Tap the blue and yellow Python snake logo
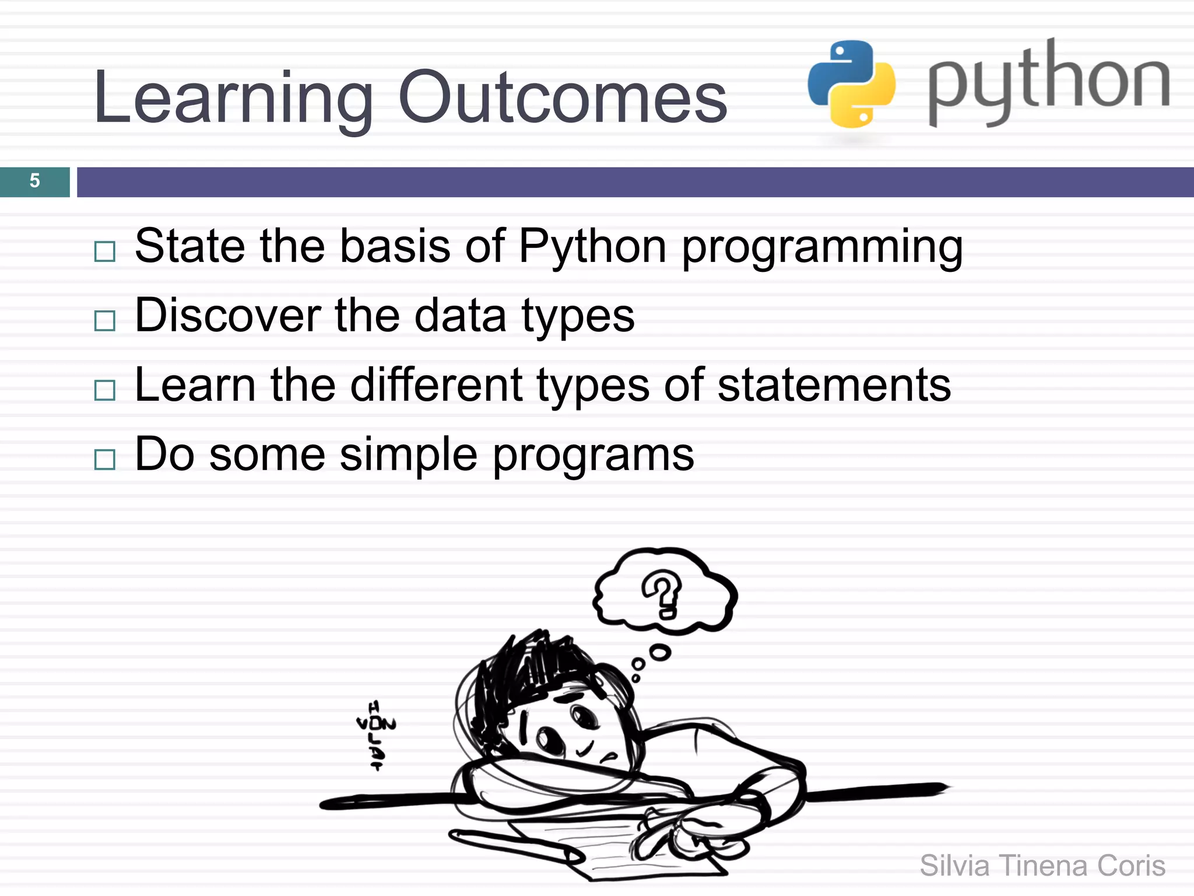point(851,83)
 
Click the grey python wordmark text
point(1048,82)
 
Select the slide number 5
point(35,181)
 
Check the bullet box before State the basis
point(105,251)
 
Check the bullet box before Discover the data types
point(105,321)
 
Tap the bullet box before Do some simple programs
point(105,460)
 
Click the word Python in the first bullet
point(592,246)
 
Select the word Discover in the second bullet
point(227,316)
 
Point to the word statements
point(834,385)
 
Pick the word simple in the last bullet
point(408,455)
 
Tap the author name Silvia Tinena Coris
point(1042,866)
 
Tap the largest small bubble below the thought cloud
point(660,652)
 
